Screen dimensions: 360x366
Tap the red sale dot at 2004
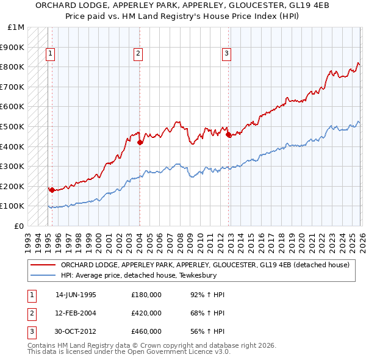(140, 143)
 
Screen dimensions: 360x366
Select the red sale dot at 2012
(229, 135)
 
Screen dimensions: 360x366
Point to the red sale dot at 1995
(52, 190)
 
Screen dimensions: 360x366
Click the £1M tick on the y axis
(16, 27)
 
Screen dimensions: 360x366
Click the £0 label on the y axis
(19, 226)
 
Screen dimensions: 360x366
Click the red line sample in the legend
(43, 265)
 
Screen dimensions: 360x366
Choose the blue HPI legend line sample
(43, 275)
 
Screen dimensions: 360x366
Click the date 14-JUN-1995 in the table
(76, 295)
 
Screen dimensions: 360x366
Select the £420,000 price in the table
(146, 313)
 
